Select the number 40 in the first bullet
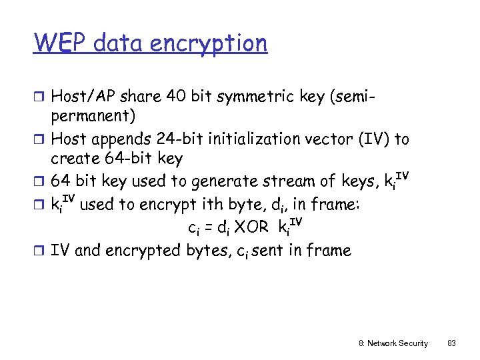(x=179, y=97)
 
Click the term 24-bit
(x=184, y=139)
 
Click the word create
(x=73, y=159)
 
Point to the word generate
(x=224, y=181)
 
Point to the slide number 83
(x=451, y=343)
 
